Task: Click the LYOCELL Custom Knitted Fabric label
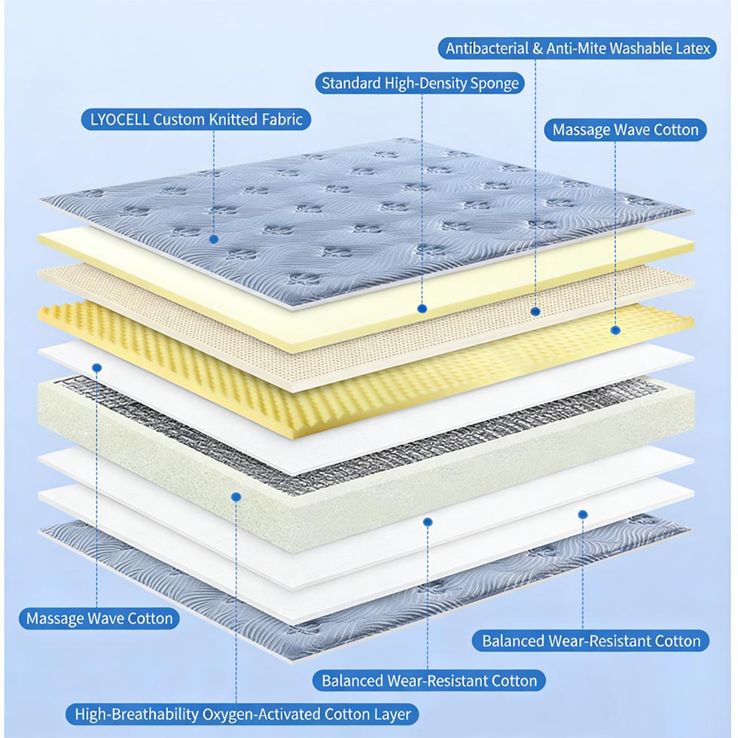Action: (195, 120)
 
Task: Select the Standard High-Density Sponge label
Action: (420, 83)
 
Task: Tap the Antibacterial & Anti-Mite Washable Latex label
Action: (578, 49)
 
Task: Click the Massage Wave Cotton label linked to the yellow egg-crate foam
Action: (625, 130)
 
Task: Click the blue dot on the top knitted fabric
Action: (214, 239)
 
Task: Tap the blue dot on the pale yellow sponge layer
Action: (422, 308)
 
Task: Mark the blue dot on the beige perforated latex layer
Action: (535, 310)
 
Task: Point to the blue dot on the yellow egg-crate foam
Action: (615, 330)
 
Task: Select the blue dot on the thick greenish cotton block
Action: (236, 496)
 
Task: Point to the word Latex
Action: (691, 49)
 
